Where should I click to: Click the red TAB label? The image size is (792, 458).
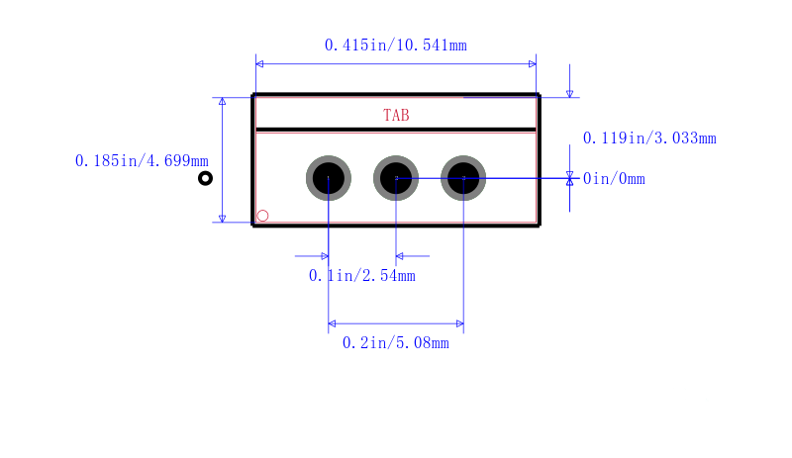coord(396,116)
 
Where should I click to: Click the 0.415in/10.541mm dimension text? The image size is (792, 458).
coord(395,46)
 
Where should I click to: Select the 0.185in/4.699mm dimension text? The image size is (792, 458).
coord(142,161)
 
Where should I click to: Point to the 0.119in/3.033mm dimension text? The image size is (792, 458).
coord(649,138)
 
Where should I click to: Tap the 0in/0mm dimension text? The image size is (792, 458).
coord(614,179)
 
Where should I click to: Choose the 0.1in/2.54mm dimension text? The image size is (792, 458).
coord(362,276)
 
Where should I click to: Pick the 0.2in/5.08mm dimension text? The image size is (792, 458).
coord(395,343)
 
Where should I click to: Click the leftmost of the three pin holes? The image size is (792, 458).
coord(329,178)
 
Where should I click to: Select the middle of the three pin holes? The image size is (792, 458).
coord(396,178)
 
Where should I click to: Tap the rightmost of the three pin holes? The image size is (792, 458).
coord(463,178)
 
